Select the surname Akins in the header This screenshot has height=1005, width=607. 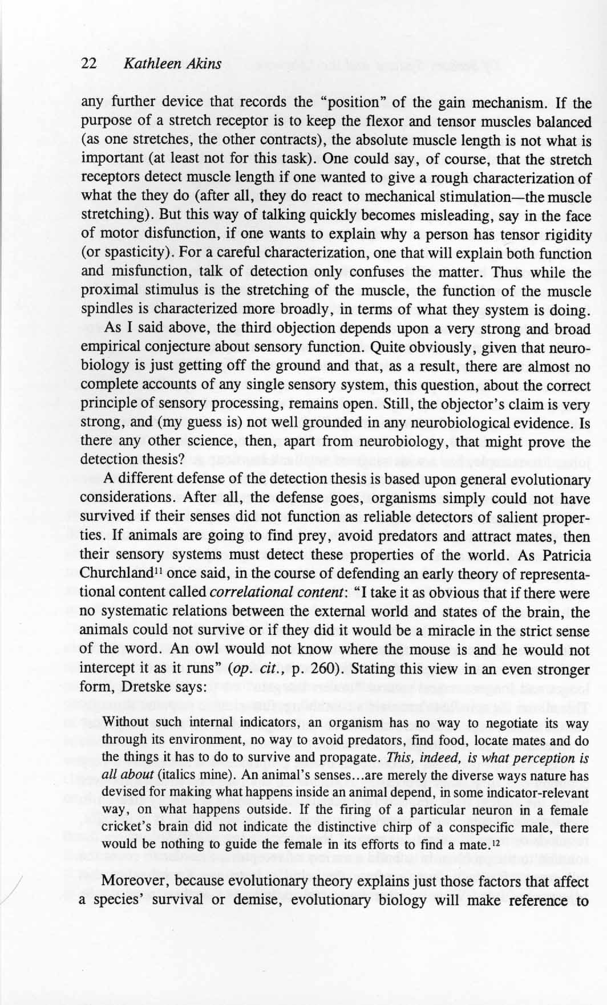pos(204,64)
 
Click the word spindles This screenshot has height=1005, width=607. pos(105,311)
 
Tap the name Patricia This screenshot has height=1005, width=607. pos(559,556)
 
